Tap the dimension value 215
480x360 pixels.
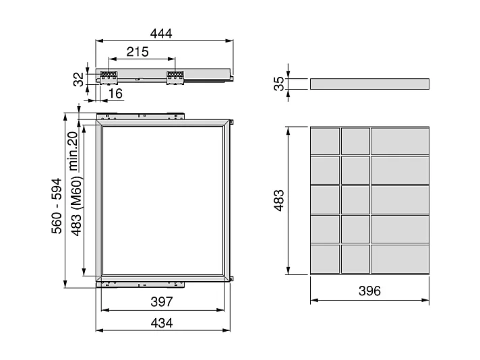pyautogui.click(x=138, y=52)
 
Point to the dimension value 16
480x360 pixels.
pyautogui.click(x=115, y=94)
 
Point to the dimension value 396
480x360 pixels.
pyautogui.click(x=369, y=291)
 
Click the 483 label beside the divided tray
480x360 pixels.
pyautogui.click(x=278, y=200)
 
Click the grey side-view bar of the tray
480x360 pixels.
pyautogui.click(x=369, y=84)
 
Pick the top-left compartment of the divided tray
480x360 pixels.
pyautogui.click(x=324, y=140)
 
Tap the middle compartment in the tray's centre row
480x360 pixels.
pyautogui.click(x=355, y=200)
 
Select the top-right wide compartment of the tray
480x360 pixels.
pyautogui.click(x=400, y=140)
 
